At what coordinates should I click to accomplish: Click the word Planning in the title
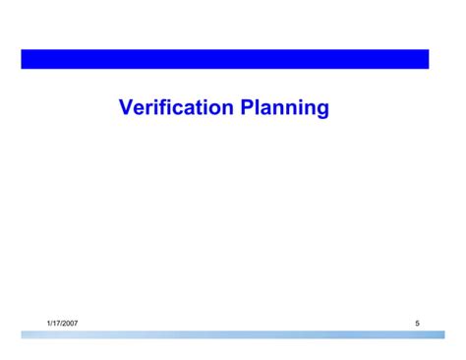point(284,107)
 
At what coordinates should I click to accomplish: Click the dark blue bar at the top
point(225,59)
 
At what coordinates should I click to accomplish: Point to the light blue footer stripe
point(225,334)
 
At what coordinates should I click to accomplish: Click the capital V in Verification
point(126,107)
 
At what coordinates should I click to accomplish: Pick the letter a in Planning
point(269,108)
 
